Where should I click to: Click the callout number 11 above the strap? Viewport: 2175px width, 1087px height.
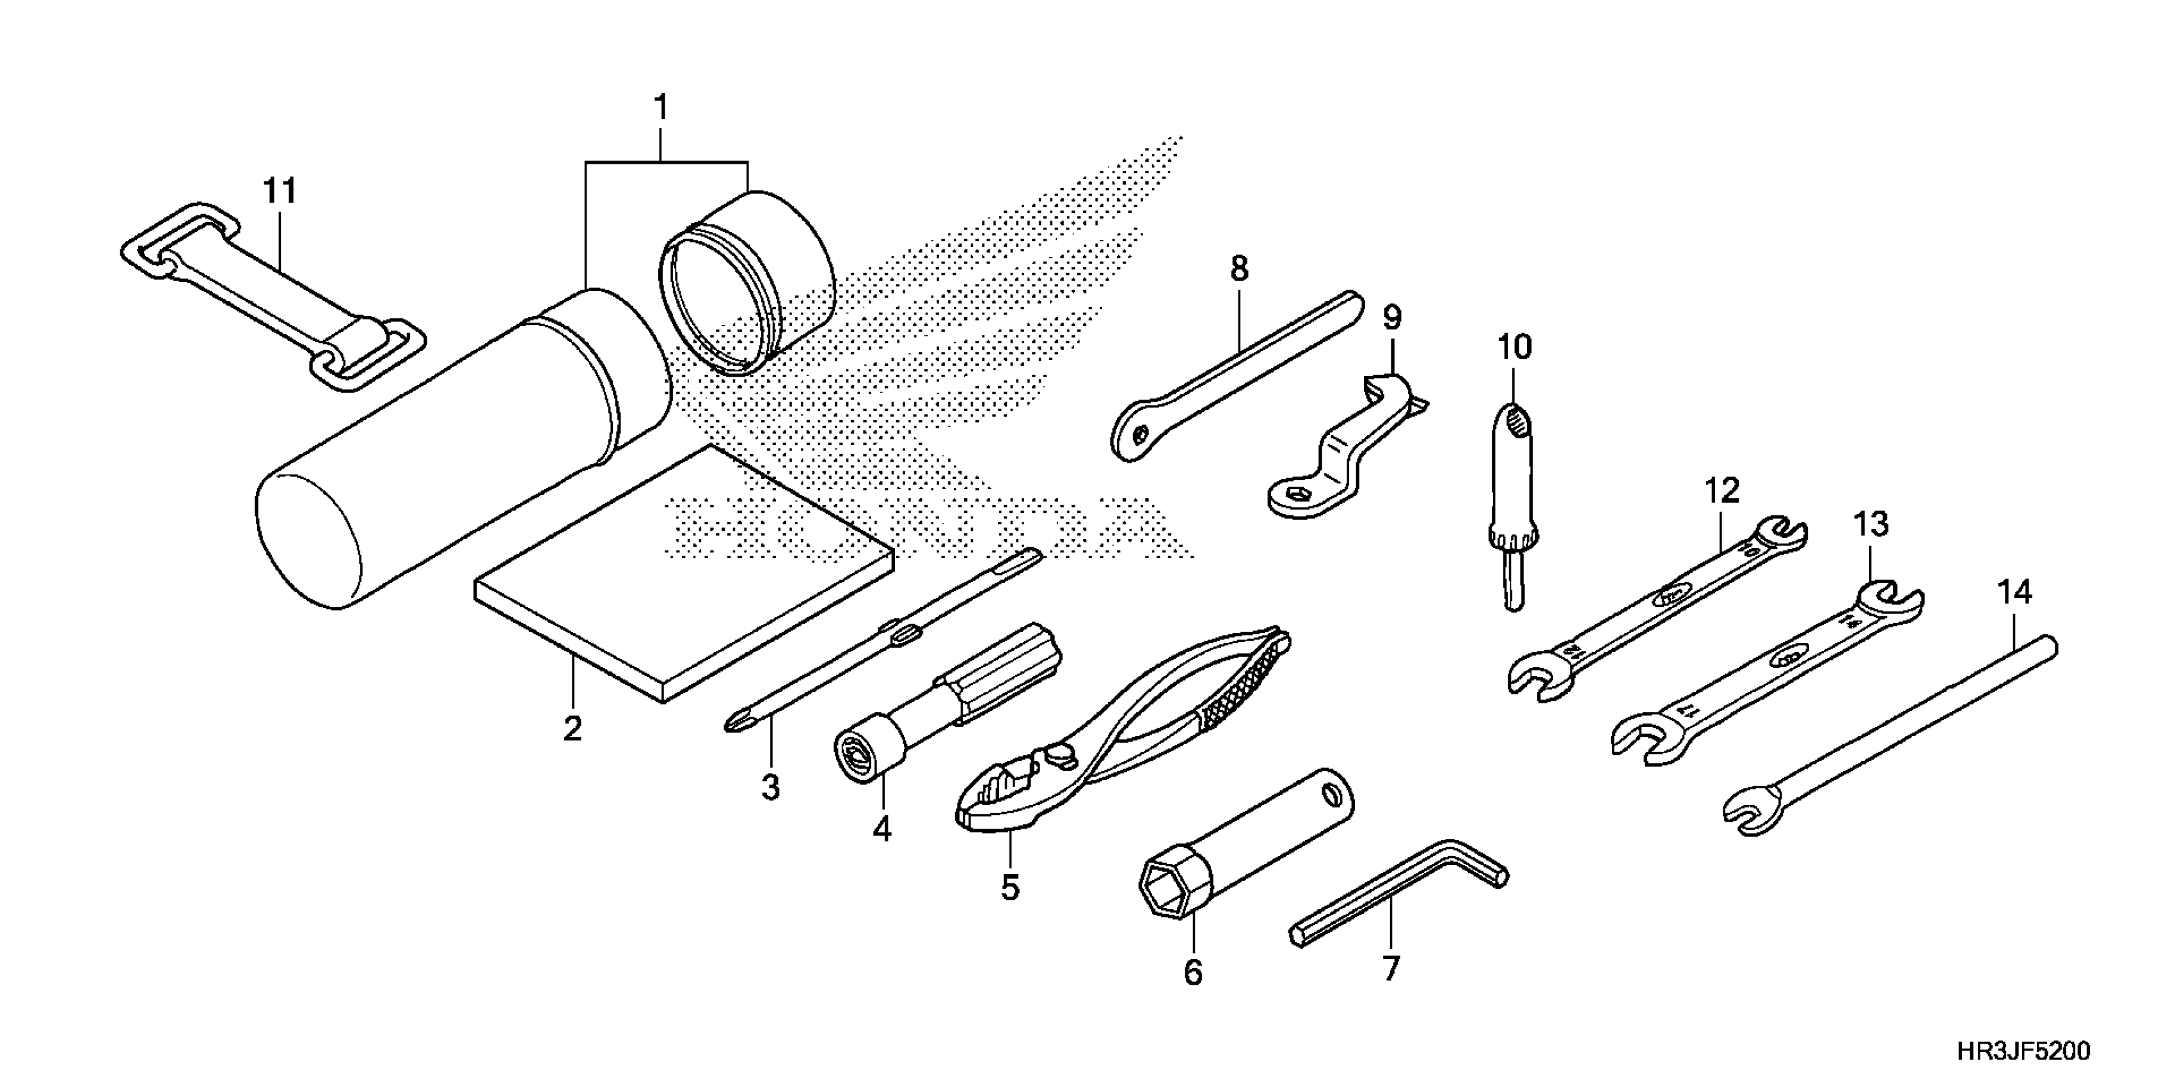280,192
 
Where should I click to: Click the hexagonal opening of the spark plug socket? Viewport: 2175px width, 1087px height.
1167,888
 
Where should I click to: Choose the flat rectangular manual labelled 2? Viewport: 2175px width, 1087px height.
684,574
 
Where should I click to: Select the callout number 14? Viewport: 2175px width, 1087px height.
2014,593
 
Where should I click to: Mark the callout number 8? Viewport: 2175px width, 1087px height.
1238,269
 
